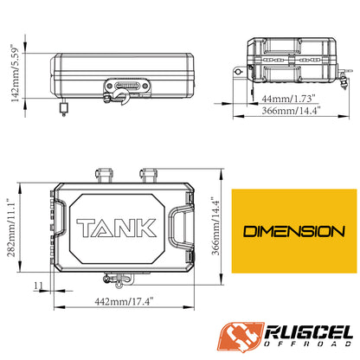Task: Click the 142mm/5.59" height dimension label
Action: [x=15, y=73]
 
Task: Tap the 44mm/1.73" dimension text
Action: [x=287, y=99]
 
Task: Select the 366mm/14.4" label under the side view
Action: [x=291, y=111]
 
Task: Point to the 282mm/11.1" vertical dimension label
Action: [x=11, y=228]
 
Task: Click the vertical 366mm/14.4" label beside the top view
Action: [x=216, y=226]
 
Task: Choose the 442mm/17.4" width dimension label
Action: [x=124, y=302]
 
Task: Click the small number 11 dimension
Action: [x=38, y=286]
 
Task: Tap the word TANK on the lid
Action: [x=117, y=228]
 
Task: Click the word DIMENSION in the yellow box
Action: [x=294, y=231]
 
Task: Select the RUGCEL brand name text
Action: [x=309, y=332]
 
